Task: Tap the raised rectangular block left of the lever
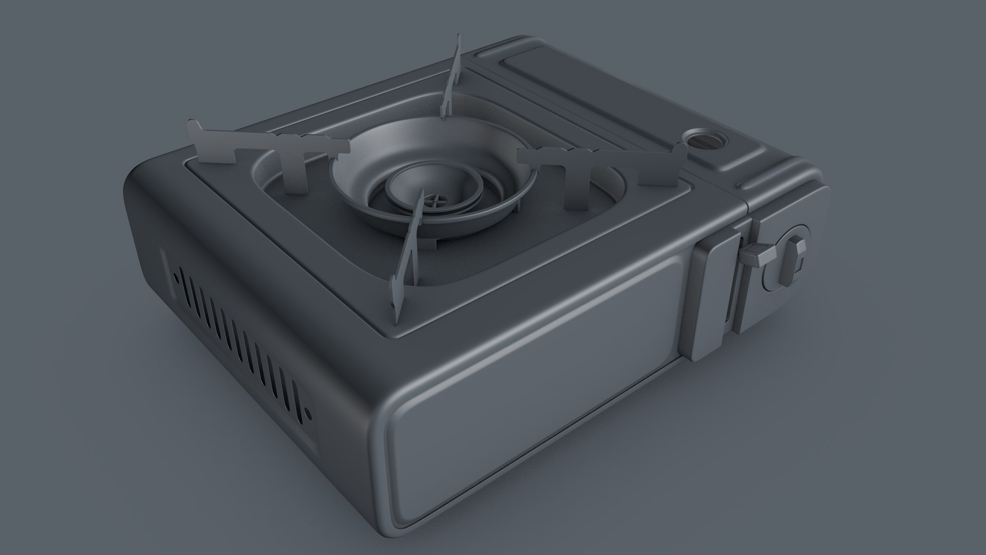(711, 298)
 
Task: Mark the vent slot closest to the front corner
(294, 406)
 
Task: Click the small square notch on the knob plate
(802, 265)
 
